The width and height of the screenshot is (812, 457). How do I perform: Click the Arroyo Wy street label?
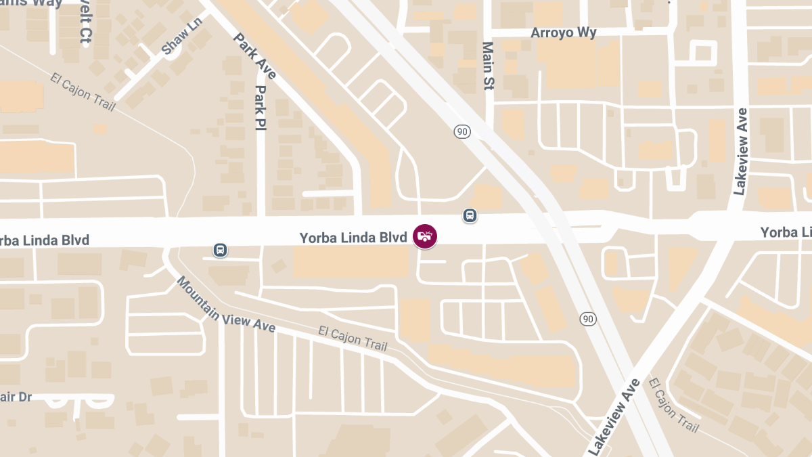pos(564,32)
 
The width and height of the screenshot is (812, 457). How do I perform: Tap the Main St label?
pos(488,66)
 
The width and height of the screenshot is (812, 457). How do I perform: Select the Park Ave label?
pos(254,56)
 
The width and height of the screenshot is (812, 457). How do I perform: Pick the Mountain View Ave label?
pos(225,304)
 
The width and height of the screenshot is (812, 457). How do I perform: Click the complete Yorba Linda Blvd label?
pos(353,238)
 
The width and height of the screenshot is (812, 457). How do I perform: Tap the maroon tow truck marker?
pos(425,236)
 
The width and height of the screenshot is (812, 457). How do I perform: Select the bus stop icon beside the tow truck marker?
pos(470,215)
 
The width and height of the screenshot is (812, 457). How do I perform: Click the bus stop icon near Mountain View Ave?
pos(220,250)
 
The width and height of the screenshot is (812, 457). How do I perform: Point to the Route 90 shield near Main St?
pos(462,132)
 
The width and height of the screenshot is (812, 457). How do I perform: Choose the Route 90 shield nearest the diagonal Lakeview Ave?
pos(588,318)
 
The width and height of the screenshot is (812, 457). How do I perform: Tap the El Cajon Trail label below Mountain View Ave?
pos(353,340)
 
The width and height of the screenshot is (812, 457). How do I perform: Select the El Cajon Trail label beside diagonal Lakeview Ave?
pos(673,405)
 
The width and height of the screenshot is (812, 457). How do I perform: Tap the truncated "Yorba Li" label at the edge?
pos(786,233)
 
